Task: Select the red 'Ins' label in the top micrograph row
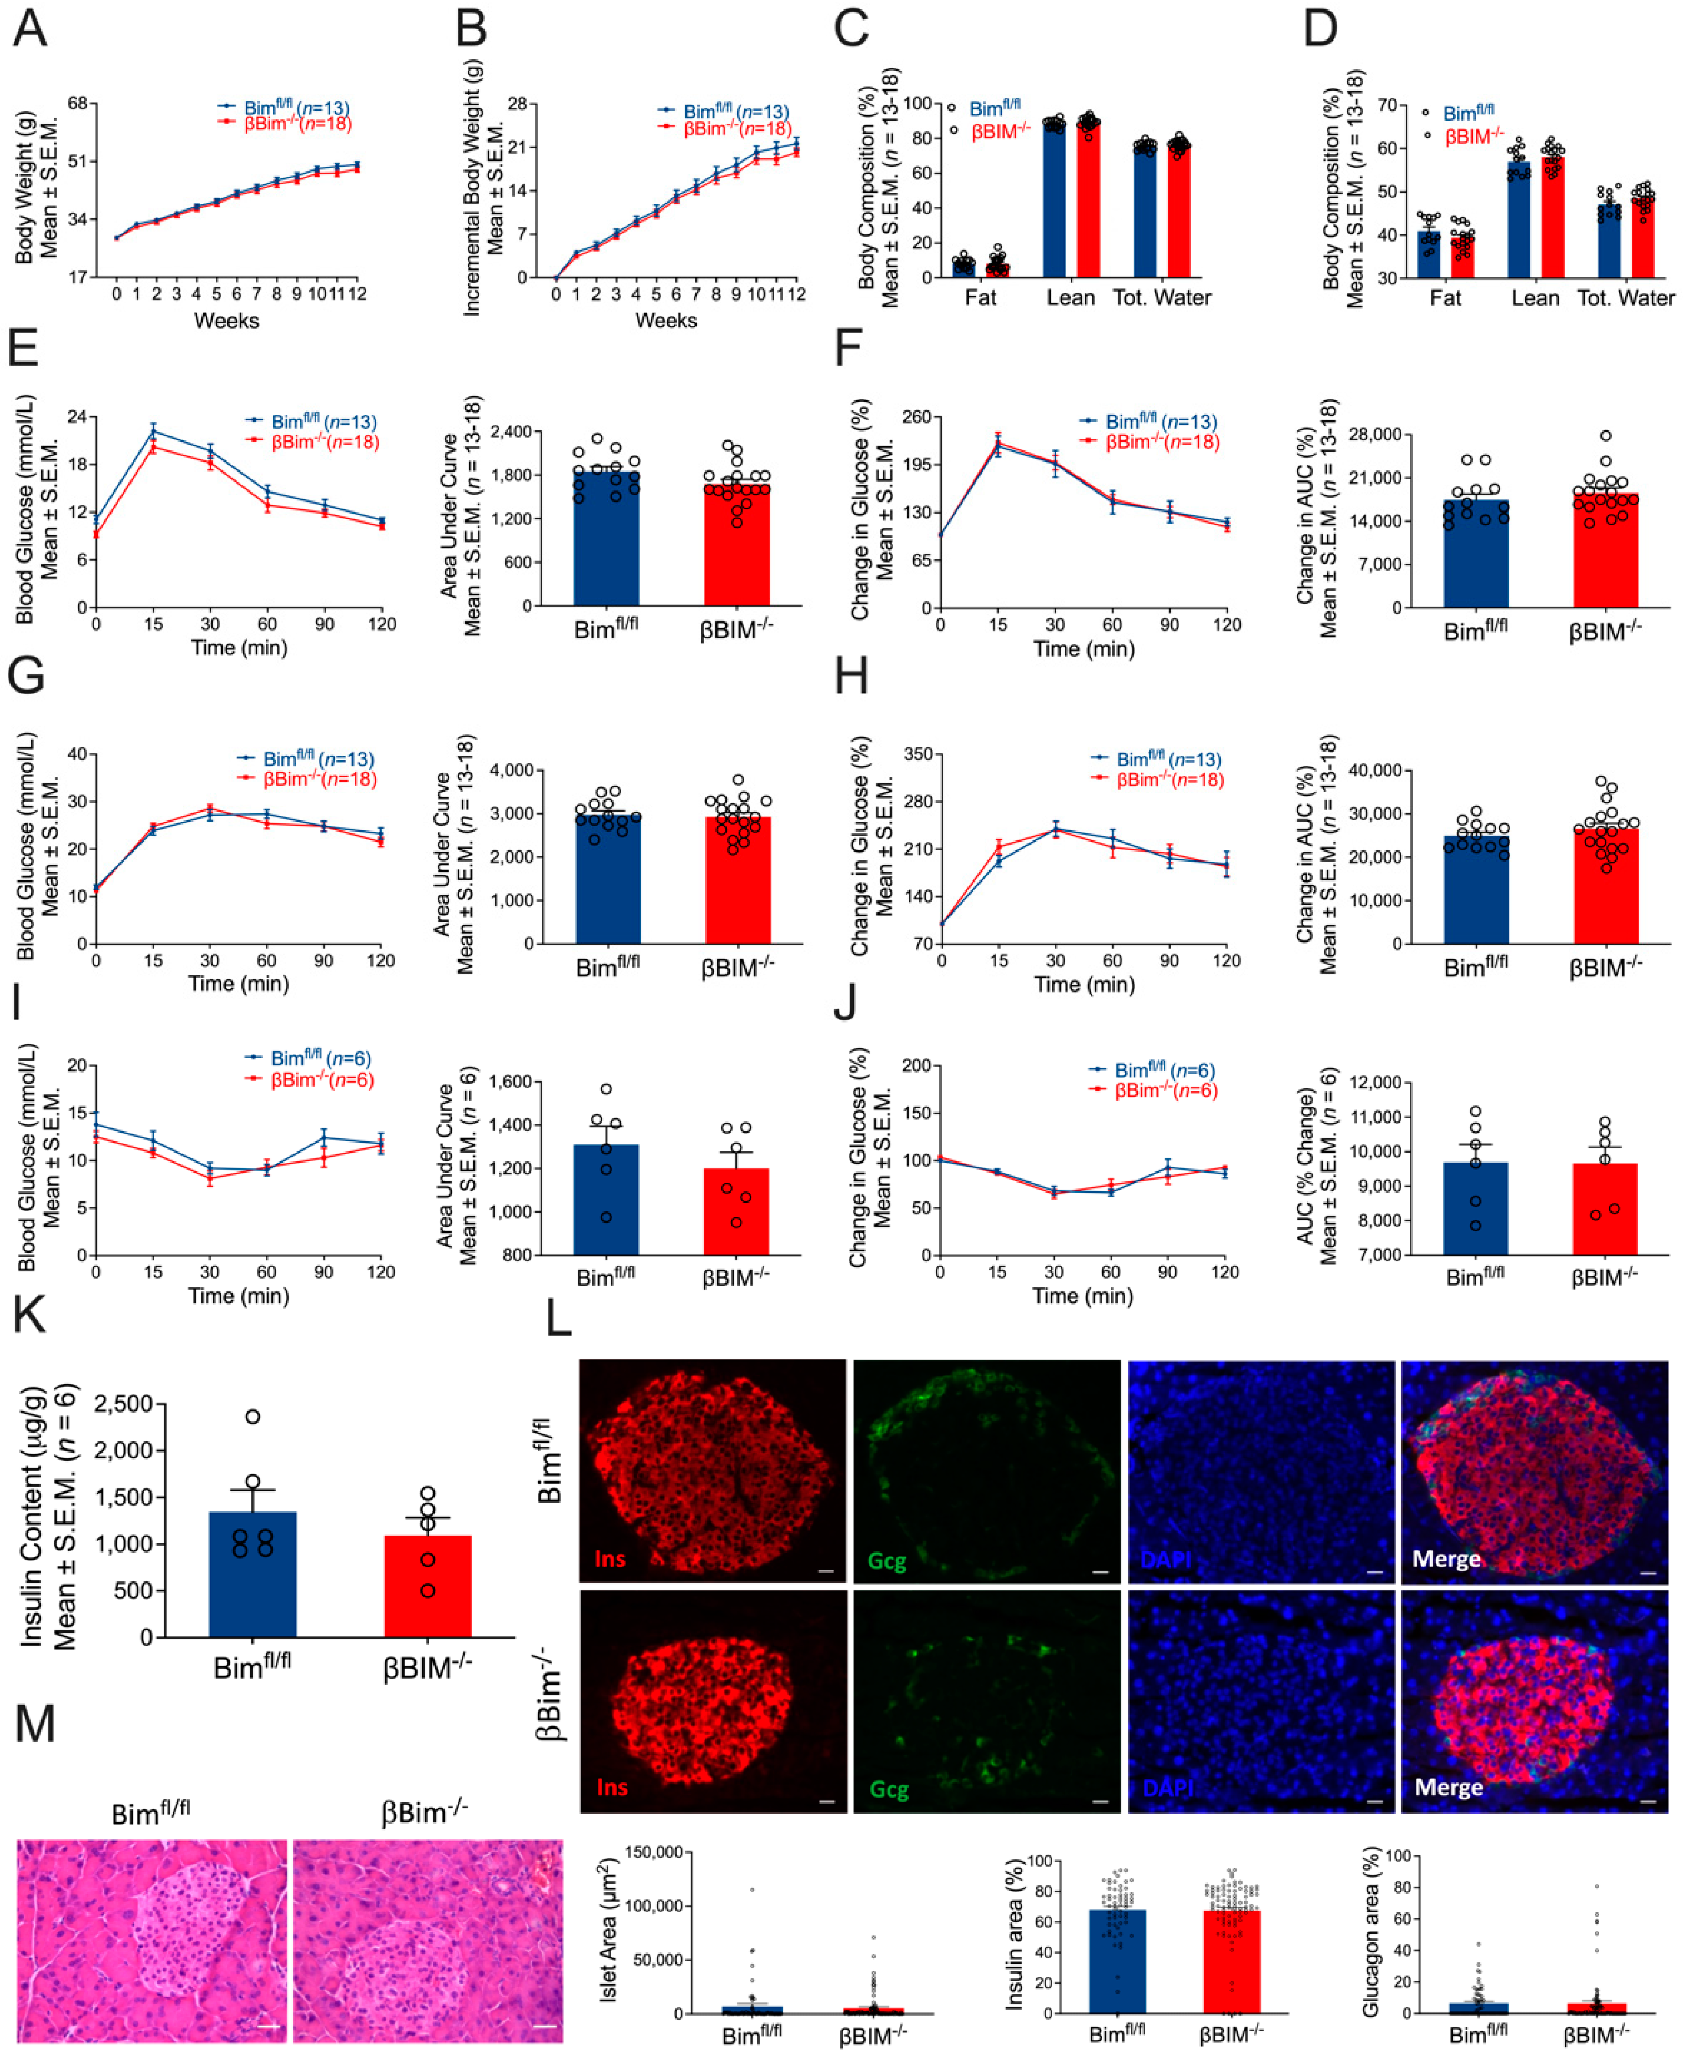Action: pos(609,1559)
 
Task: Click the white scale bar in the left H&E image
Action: pos(270,2026)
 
